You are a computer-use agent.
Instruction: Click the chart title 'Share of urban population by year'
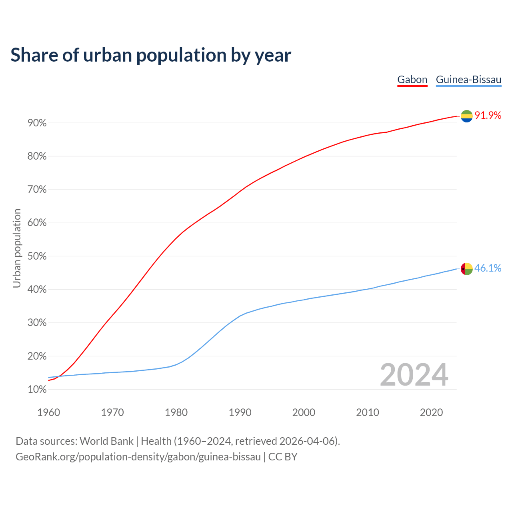click(x=151, y=55)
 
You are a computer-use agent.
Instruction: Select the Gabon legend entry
click(x=412, y=80)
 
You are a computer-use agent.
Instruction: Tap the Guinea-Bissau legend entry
click(x=468, y=80)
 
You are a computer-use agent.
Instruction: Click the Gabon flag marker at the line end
click(x=467, y=116)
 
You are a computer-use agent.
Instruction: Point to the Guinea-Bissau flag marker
click(x=467, y=269)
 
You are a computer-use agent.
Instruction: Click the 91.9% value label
click(x=488, y=116)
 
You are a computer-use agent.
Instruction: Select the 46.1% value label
click(x=488, y=268)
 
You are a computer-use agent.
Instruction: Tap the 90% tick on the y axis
click(x=37, y=123)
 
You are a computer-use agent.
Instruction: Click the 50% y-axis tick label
click(x=37, y=256)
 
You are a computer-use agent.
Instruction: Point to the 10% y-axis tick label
click(x=37, y=390)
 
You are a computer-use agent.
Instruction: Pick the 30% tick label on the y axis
click(x=37, y=323)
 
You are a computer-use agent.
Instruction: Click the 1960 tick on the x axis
click(x=49, y=412)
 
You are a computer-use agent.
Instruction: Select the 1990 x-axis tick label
click(x=240, y=412)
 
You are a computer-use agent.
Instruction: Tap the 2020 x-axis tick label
click(x=431, y=412)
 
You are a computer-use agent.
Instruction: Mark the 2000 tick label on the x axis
click(x=304, y=412)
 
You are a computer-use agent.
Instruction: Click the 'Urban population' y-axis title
click(x=17, y=248)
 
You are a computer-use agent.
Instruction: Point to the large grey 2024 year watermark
click(x=414, y=375)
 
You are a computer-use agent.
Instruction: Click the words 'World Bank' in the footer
click(x=106, y=441)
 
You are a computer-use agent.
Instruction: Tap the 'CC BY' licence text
click(x=283, y=457)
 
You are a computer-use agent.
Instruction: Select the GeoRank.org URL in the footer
click(x=138, y=457)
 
